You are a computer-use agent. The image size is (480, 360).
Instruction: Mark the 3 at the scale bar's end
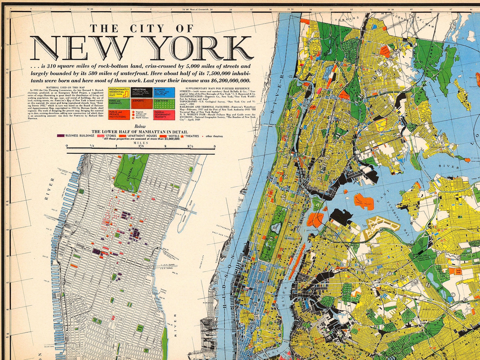pos(215,146)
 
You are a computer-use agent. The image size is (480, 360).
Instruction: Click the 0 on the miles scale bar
pos(67,146)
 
